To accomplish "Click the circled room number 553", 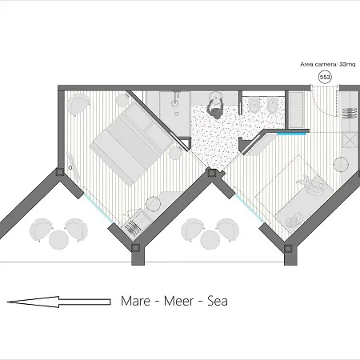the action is [x=325, y=78].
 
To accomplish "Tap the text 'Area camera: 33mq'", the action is [x=328, y=65].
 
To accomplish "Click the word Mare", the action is [x=135, y=301].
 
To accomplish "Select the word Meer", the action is [x=178, y=301].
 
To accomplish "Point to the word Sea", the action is [x=218, y=301].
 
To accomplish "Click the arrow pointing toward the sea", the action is [x=58, y=302].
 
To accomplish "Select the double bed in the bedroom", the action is [x=132, y=144].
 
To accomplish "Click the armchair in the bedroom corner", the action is [x=78, y=104].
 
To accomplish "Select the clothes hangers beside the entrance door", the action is [x=350, y=113].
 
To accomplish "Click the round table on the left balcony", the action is [x=58, y=240].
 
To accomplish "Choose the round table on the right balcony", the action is [x=210, y=240].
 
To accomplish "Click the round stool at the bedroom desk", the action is [x=154, y=204].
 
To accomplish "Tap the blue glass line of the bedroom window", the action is [x=98, y=208].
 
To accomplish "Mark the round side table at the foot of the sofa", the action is [x=341, y=165].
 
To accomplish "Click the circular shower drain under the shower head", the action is [x=177, y=114].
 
